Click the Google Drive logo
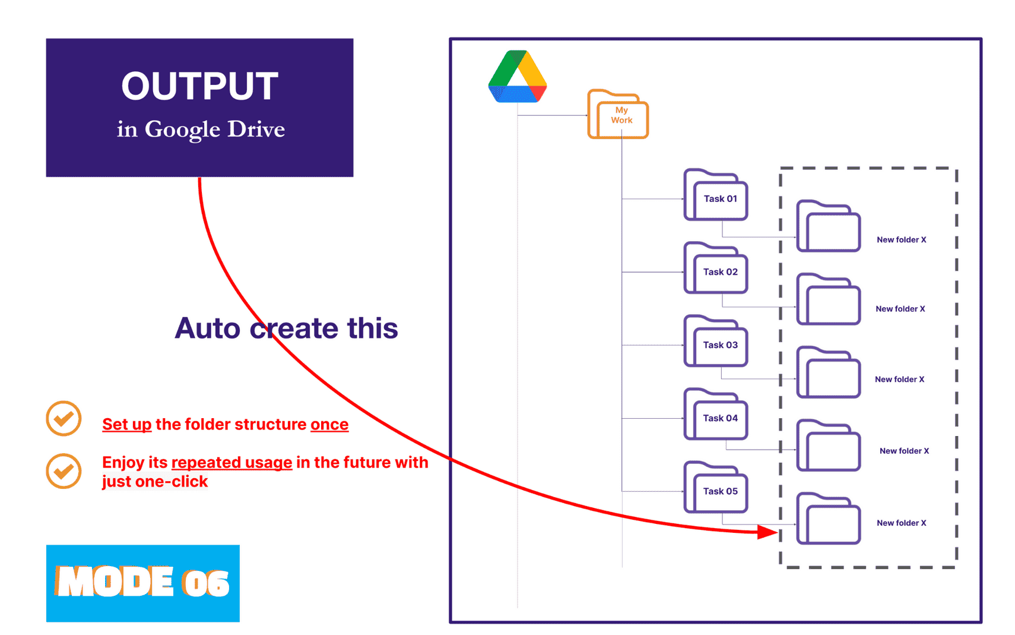coord(517,78)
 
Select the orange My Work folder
coord(618,115)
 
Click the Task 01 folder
coord(716,197)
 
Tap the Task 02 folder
coord(716,270)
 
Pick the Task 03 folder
coord(716,343)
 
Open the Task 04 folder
coord(716,416)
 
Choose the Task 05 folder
coord(716,489)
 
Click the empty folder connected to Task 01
coord(829,228)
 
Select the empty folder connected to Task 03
coord(829,374)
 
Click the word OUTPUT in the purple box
coord(199,86)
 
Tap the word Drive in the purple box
coord(256,129)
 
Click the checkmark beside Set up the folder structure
coord(64,419)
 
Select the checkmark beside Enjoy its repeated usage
coord(64,471)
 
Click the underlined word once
coord(329,424)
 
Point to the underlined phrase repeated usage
coord(231,462)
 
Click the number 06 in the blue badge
coord(205,583)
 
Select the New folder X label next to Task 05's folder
coord(901,523)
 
